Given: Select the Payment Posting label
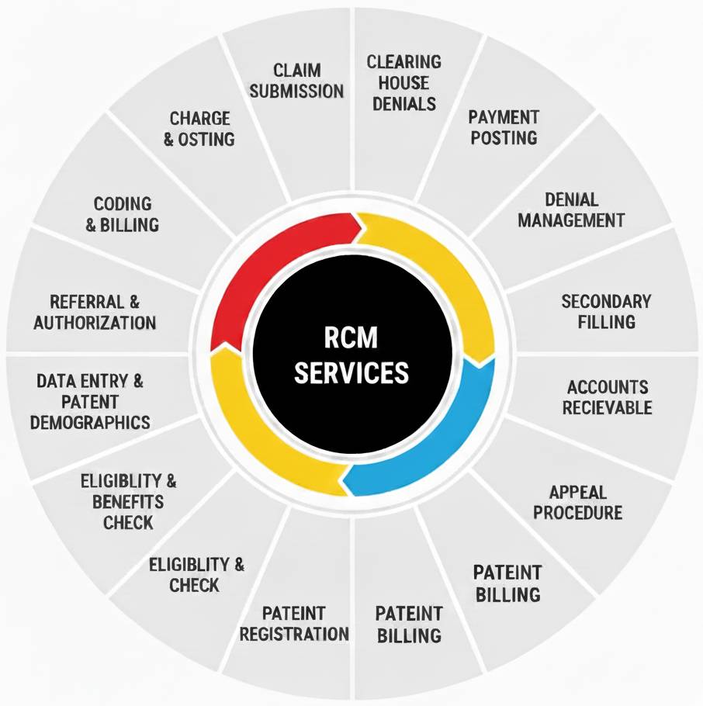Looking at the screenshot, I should point(503,127).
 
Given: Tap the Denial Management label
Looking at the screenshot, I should point(571,209).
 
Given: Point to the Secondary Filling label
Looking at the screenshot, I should point(606,310).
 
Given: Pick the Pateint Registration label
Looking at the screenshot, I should point(294,623).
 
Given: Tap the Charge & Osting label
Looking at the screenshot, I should point(200,129).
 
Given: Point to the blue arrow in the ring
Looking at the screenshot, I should point(435,442).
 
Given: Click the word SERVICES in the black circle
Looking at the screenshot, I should point(351,373).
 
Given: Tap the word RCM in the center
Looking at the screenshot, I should point(351,337).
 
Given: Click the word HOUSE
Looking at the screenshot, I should point(403,82).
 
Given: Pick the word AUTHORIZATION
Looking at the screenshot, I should point(95,321).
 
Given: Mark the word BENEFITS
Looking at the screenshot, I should point(128,501).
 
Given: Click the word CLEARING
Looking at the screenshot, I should point(403,61).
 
